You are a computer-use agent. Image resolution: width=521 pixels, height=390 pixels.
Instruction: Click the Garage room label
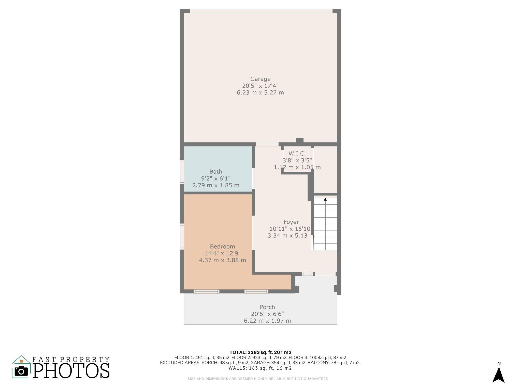click(x=260, y=79)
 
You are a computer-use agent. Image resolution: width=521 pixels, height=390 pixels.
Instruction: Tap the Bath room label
click(x=216, y=172)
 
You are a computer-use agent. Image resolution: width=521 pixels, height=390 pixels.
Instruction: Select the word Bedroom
click(x=222, y=247)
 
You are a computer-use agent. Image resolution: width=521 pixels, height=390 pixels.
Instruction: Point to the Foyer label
click(x=291, y=222)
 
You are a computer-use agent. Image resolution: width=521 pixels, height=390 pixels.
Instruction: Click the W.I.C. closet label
click(x=297, y=153)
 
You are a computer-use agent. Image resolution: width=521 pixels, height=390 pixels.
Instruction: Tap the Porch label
click(x=267, y=307)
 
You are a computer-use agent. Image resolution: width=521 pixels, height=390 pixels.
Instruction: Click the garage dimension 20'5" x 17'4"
click(x=260, y=86)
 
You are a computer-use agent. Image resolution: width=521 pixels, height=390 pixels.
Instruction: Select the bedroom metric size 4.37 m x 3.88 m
click(x=222, y=260)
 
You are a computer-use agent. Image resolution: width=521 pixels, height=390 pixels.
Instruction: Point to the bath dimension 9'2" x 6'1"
click(x=216, y=178)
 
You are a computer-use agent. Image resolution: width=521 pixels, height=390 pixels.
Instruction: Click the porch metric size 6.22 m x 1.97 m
click(x=267, y=321)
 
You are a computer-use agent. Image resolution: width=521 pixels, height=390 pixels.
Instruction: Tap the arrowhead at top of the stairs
click(x=325, y=199)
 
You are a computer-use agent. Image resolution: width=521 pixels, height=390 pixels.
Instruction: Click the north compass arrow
click(x=499, y=375)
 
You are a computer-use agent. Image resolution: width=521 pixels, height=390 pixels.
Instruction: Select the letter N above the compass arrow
click(x=499, y=364)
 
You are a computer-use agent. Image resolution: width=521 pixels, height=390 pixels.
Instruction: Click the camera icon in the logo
click(x=21, y=371)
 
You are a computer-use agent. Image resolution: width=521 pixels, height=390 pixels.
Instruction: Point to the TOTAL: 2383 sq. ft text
click(x=260, y=352)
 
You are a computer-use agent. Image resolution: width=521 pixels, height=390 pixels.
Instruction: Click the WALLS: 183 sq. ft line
click(x=260, y=368)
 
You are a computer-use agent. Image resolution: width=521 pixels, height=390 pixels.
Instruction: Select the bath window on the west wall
click(x=182, y=172)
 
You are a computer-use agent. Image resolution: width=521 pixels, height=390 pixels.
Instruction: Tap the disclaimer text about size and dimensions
click(x=258, y=379)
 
